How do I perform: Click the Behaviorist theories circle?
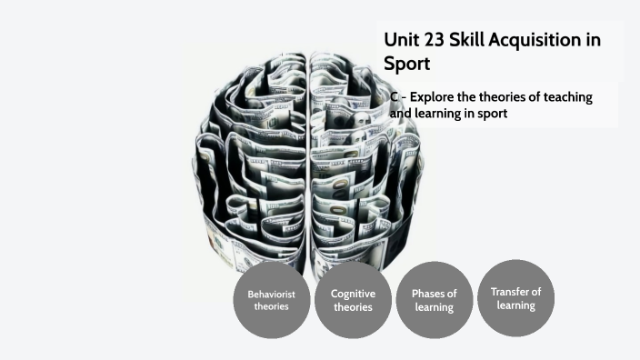(x=271, y=299)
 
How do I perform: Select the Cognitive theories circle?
(x=353, y=299)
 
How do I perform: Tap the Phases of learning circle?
(x=435, y=299)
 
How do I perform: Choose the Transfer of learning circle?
(x=515, y=297)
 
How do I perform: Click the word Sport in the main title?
(x=406, y=65)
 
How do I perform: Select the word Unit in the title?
(x=401, y=40)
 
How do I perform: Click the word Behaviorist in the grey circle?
(x=271, y=294)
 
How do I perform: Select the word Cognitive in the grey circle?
(x=353, y=294)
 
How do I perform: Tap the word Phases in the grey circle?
(x=427, y=294)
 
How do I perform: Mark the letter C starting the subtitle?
(x=395, y=97)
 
